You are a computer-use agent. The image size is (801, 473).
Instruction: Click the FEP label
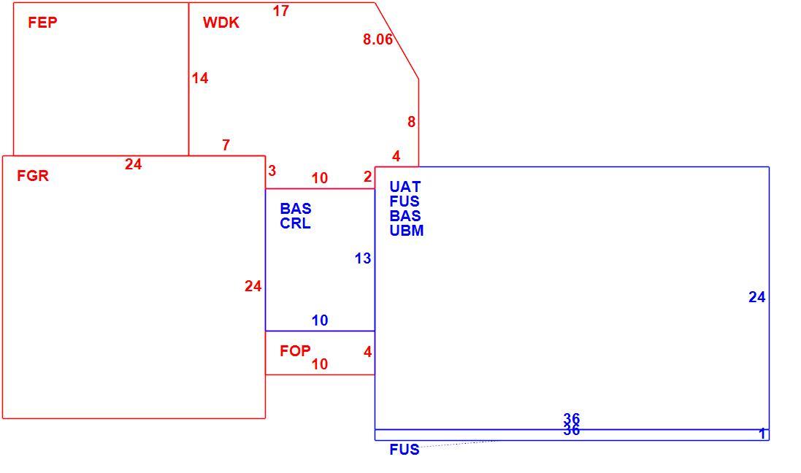pos(42,23)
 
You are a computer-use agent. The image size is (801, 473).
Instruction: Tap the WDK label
pos(221,23)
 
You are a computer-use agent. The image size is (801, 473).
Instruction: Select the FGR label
pos(33,176)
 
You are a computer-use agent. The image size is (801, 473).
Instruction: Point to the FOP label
pos(295,351)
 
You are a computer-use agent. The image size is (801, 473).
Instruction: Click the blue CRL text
pos(295,223)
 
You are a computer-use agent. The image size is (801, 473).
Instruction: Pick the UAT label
pos(405,186)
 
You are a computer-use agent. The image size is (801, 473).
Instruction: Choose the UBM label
pos(407,231)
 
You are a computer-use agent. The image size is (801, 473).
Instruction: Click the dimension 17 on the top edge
pos(281,11)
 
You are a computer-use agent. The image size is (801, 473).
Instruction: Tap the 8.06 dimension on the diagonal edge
pos(378,39)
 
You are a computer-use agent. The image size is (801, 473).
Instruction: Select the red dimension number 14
pos(200,78)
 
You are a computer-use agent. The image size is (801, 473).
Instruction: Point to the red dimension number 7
pos(226,145)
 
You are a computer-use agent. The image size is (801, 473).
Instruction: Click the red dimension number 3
pos(272,171)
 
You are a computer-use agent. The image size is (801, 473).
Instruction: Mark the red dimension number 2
pos(368,177)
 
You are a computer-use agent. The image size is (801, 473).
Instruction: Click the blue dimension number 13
pos(363,258)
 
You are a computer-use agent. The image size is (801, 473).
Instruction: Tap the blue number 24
pos(757,297)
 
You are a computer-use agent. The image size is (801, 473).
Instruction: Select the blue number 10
pos(320,320)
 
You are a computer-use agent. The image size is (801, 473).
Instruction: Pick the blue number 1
pos(762,434)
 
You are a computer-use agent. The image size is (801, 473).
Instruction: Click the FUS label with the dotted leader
pos(405,450)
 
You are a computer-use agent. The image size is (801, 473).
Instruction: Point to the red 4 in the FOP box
pos(368,352)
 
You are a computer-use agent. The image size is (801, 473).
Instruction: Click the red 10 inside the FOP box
pos(320,364)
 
